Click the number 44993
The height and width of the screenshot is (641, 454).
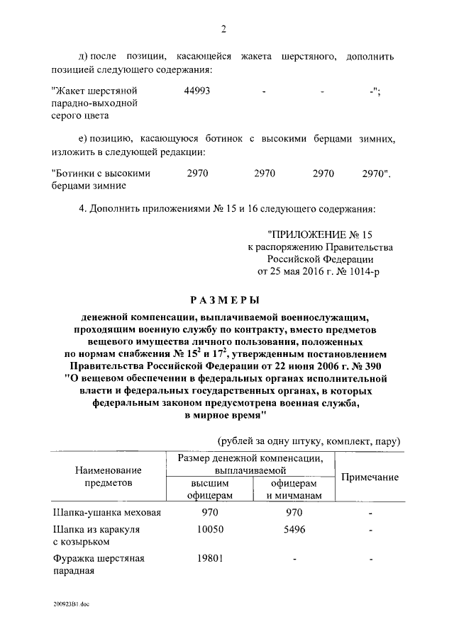[x=196, y=91]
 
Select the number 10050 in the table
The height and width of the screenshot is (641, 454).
[x=210, y=529]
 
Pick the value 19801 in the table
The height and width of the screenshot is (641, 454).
[x=210, y=558]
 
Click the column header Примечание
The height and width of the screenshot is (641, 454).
[x=370, y=477]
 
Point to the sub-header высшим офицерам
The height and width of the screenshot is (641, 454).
[x=209, y=489]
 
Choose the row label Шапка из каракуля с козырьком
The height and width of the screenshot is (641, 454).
[x=96, y=535]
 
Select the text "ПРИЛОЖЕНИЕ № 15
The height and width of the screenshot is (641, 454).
[x=319, y=234]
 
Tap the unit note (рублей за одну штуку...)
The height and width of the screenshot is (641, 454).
[x=309, y=441]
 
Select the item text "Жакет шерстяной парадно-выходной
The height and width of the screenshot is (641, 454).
[x=95, y=103]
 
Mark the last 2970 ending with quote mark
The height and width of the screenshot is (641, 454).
[x=375, y=172]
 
